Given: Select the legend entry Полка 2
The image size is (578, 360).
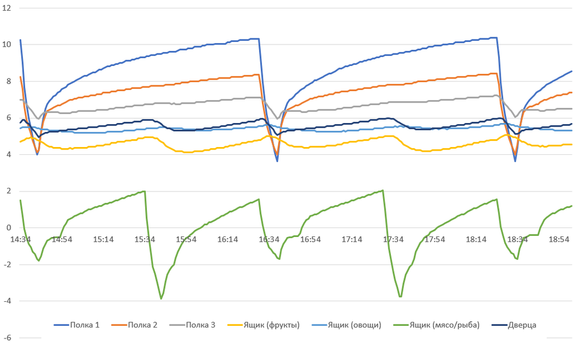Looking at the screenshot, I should click(x=143, y=325).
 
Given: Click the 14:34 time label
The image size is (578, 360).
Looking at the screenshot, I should click(x=20, y=239).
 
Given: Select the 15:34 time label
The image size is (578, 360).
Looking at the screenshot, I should click(x=144, y=239).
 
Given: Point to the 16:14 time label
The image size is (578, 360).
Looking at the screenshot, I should click(x=227, y=239).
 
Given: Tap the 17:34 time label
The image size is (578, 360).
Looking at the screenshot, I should click(x=393, y=239).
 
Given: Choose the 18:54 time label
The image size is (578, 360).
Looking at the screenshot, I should click(x=559, y=239).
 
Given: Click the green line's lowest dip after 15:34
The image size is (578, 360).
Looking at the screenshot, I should click(x=161, y=298).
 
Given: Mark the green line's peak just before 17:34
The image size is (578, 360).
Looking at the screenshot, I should click(x=383, y=191).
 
